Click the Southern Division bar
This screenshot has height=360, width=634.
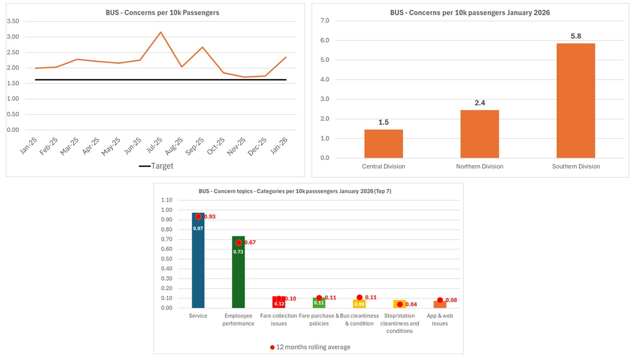pos(575,100)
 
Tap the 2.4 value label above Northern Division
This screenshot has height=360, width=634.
pos(480,103)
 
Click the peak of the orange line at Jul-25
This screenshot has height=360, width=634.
pos(161,32)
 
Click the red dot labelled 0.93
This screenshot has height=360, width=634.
pos(198,217)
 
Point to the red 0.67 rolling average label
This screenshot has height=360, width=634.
pos(250,243)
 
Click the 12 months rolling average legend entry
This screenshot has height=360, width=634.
pos(309,347)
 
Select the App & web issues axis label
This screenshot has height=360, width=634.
pos(440,320)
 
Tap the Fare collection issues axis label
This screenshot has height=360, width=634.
pos(278,320)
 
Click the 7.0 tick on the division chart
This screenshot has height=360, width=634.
pos(324,21)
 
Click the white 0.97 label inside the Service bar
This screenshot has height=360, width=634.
pos(198,229)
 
